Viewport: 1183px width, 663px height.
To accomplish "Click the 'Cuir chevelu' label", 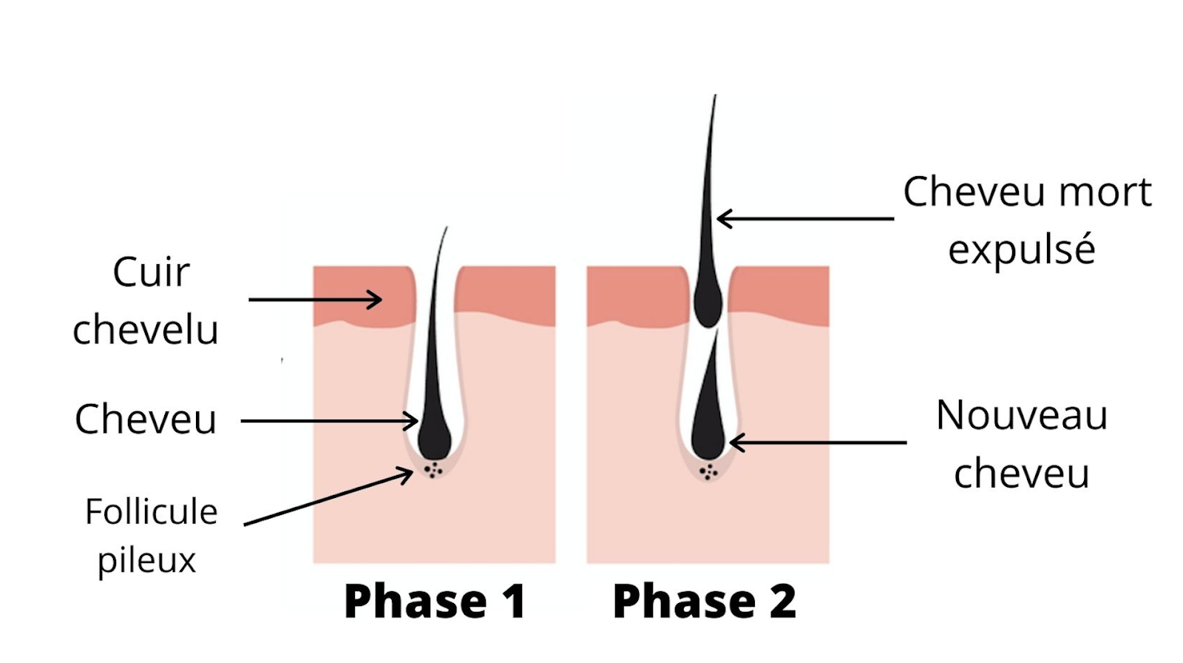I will (146, 301).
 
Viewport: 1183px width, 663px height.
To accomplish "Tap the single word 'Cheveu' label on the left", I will (146, 420).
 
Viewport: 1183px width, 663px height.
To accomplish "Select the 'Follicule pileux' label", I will (150, 535).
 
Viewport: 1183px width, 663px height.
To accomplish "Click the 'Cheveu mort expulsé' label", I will (1026, 220).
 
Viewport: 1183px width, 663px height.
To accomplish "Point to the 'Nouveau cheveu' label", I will (1022, 443).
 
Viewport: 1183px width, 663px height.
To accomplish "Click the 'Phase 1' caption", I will (435, 601).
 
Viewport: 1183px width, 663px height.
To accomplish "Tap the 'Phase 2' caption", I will (705, 601).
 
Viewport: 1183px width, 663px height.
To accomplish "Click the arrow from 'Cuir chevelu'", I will (315, 300).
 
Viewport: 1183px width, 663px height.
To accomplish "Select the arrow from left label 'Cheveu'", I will (330, 421).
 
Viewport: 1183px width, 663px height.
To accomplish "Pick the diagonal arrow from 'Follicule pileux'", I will (328, 497).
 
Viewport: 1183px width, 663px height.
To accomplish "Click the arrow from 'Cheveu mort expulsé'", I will (805, 218).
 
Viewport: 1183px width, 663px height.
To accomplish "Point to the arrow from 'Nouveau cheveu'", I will (818, 442).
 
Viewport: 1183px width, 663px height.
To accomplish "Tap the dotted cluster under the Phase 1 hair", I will (433, 470).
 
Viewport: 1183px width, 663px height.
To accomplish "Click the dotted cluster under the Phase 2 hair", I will (708, 471).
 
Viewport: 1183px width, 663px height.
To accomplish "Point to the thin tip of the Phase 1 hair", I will (446, 231).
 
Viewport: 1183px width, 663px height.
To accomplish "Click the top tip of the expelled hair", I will (714, 98).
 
